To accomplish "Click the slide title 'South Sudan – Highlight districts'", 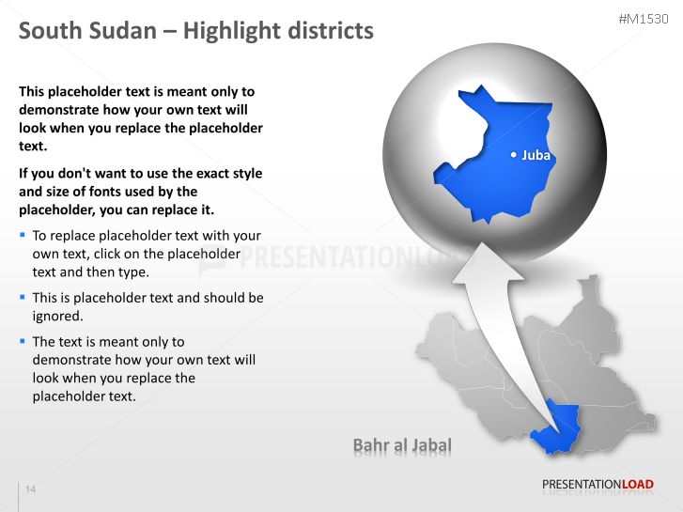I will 196,31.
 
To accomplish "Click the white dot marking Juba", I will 513,155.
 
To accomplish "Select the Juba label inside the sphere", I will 536,156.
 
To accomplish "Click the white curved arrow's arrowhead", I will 468,267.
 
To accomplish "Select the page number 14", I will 31,489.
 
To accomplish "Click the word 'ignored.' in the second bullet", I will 58,316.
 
